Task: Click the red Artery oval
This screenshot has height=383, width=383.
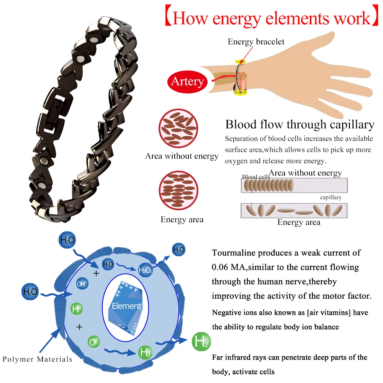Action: pos(187,82)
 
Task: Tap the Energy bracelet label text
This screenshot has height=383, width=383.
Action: pos(256,41)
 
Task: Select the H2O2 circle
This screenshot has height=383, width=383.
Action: pos(146,270)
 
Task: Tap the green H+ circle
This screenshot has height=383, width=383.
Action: pos(77,309)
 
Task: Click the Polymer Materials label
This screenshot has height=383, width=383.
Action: pos(37,359)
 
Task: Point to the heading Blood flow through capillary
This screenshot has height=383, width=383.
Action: pos(300,124)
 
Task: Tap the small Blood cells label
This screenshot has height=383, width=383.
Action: pos(256,177)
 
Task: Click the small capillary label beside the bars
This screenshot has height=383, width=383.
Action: pos(331,197)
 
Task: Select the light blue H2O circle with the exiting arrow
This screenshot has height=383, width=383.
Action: pos(178,250)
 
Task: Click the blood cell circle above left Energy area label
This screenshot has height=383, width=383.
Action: pos(179,190)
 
